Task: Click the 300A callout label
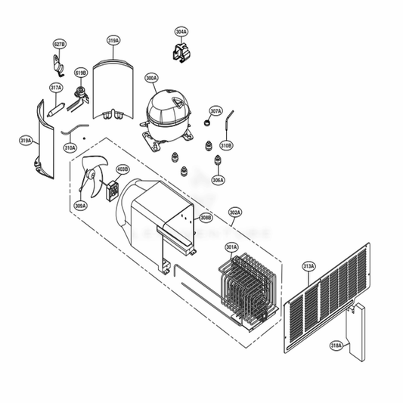151,78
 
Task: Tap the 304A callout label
181,33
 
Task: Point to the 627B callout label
60,45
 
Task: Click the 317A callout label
56,88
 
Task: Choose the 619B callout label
81,73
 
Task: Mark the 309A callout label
80,205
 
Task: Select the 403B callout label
122,169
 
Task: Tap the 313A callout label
308,266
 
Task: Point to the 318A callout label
336,346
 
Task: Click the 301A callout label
231,246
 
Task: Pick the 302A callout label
235,213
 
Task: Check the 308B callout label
206,219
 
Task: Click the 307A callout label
215,111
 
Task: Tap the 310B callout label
226,144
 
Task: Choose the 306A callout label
218,180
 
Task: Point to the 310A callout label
70,147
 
